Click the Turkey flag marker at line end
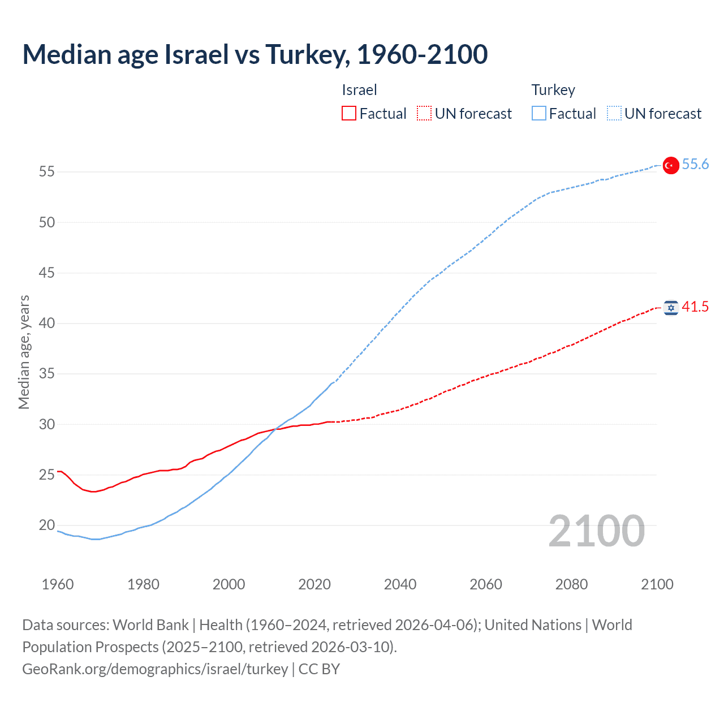(x=671, y=165)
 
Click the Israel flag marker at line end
(x=671, y=308)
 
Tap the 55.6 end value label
(x=695, y=164)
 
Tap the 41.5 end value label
(x=695, y=307)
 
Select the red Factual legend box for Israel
(x=349, y=114)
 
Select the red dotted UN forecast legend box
(x=424, y=114)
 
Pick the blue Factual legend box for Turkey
(x=539, y=114)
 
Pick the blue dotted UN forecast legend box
(x=614, y=114)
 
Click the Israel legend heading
(x=359, y=90)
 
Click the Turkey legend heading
(x=553, y=90)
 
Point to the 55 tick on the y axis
(x=47, y=171)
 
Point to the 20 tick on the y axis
(x=47, y=525)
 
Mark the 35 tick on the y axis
(x=47, y=374)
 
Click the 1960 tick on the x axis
(x=58, y=584)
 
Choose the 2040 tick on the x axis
(x=400, y=584)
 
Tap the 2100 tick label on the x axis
(x=657, y=584)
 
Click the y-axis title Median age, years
(x=24, y=352)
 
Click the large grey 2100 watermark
(x=596, y=531)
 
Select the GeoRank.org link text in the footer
(x=155, y=669)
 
